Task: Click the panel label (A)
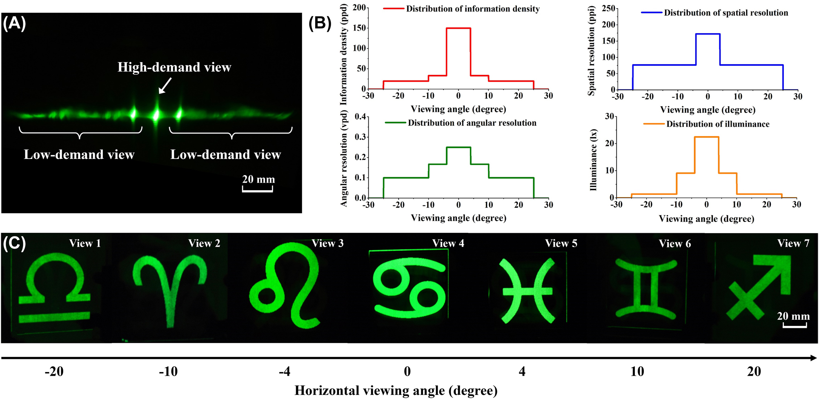pos(14,24)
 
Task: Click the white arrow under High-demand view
pos(165,86)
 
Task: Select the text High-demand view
pos(174,67)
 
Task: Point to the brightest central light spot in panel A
pos(156,115)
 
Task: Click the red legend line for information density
pos(394,9)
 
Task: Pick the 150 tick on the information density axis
pos(360,28)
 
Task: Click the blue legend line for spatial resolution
pos(652,13)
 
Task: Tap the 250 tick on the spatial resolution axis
pos(608,9)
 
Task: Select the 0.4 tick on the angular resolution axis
pos(361,117)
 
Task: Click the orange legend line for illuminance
pos(654,124)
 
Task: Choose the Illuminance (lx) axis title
pos(594,160)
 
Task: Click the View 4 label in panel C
pos(448,243)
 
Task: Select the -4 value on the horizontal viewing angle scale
pos(285,371)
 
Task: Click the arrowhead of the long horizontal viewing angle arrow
pos(813,358)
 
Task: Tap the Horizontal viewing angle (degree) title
pos(396,390)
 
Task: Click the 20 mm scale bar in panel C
pos(795,325)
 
